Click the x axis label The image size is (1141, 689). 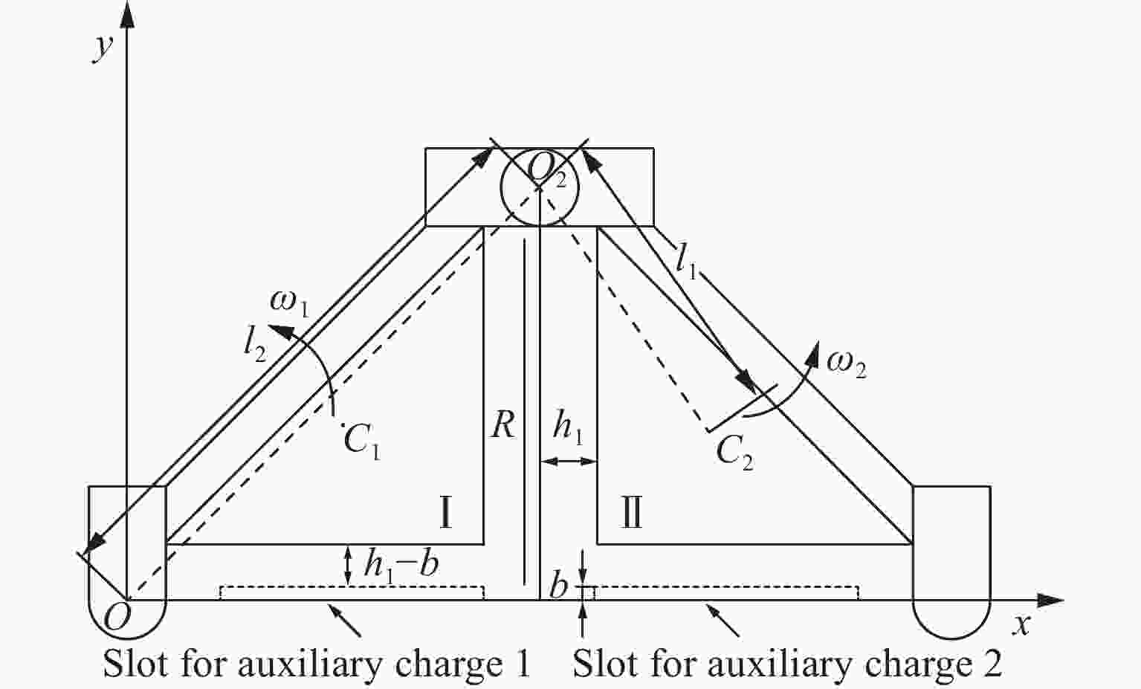click(x=1023, y=624)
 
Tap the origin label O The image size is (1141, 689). click(x=116, y=617)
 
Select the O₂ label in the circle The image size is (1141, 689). click(x=546, y=170)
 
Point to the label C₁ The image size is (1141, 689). click(x=363, y=441)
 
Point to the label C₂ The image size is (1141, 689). click(x=734, y=453)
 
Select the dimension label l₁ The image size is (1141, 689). click(x=686, y=261)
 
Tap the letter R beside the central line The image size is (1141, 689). click(x=502, y=426)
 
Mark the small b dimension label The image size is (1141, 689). click(x=558, y=587)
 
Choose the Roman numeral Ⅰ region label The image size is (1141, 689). click(x=445, y=513)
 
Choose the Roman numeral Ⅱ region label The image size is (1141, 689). click(x=631, y=513)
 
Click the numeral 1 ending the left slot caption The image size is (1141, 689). click(x=523, y=664)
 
